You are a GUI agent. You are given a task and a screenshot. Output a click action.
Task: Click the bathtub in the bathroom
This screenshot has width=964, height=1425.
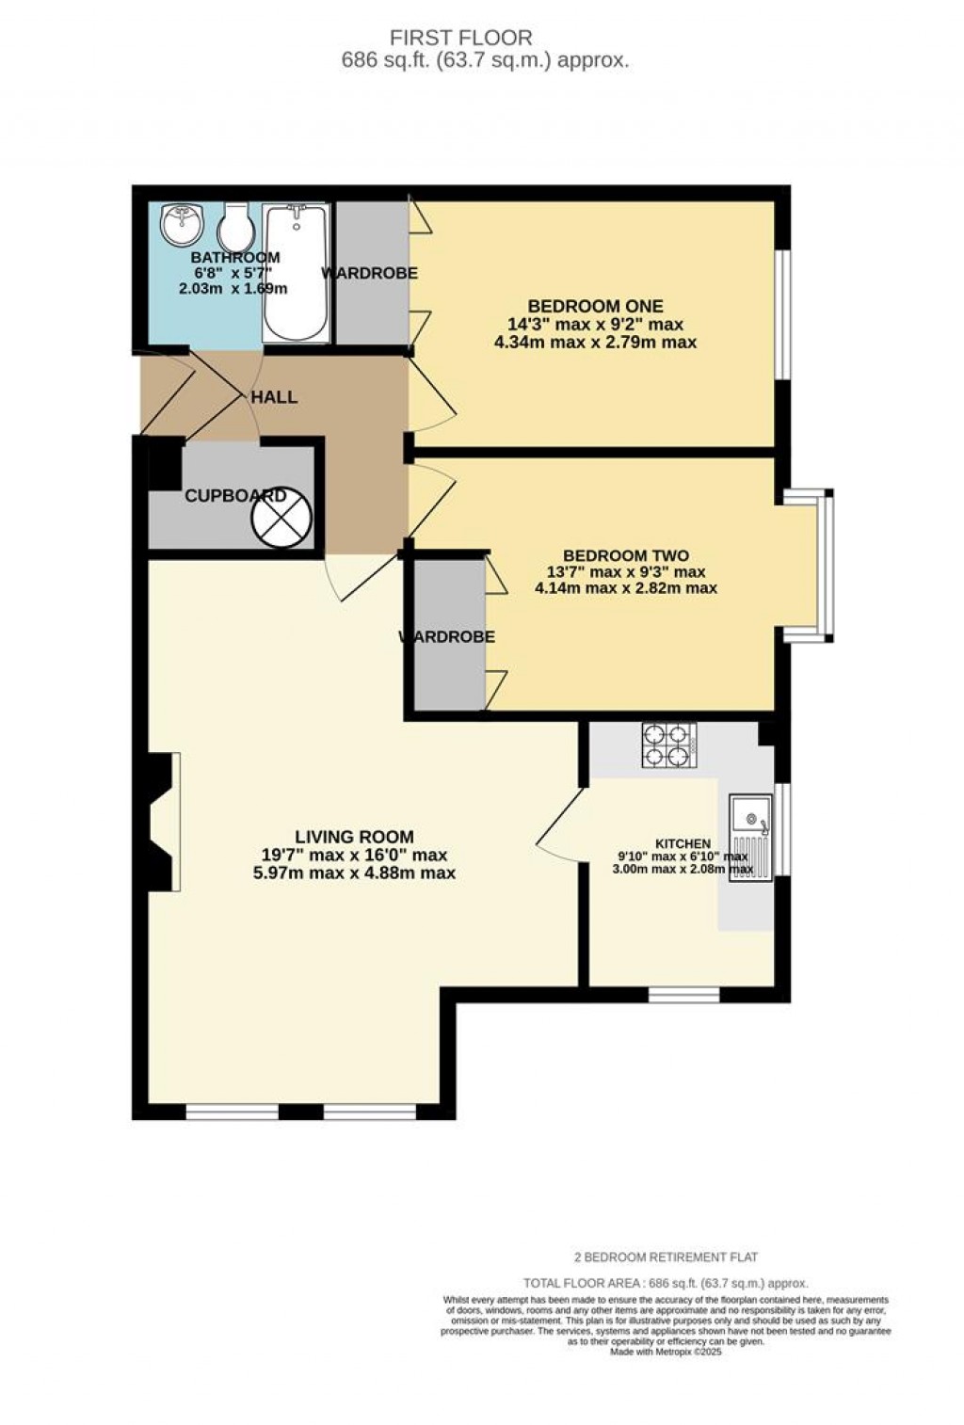pyautogui.click(x=297, y=273)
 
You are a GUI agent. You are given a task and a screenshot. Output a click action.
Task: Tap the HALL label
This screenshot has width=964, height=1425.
pyautogui.click(x=274, y=397)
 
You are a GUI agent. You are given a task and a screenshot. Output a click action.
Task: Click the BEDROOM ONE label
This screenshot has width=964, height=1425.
pyautogui.click(x=595, y=306)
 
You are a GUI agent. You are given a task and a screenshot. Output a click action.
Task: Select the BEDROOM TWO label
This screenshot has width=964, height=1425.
pyautogui.click(x=625, y=555)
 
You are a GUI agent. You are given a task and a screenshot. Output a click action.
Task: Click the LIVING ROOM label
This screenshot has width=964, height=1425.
pyautogui.click(x=354, y=836)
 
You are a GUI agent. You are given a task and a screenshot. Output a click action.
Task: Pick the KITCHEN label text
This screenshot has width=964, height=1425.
pyautogui.click(x=683, y=844)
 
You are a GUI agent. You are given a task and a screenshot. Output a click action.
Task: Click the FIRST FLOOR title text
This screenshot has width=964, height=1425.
pyautogui.click(x=461, y=38)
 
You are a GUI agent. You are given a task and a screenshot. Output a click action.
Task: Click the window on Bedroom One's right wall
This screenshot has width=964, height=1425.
pyautogui.click(x=782, y=314)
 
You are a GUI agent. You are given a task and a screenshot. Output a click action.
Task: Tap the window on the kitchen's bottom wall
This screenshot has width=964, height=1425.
pyautogui.click(x=683, y=994)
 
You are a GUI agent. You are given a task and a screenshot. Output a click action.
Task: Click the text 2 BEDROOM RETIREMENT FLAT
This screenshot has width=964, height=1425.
pyautogui.click(x=666, y=1257)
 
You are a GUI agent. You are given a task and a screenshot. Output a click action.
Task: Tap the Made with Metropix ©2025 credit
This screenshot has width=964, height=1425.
pyautogui.click(x=666, y=1352)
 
